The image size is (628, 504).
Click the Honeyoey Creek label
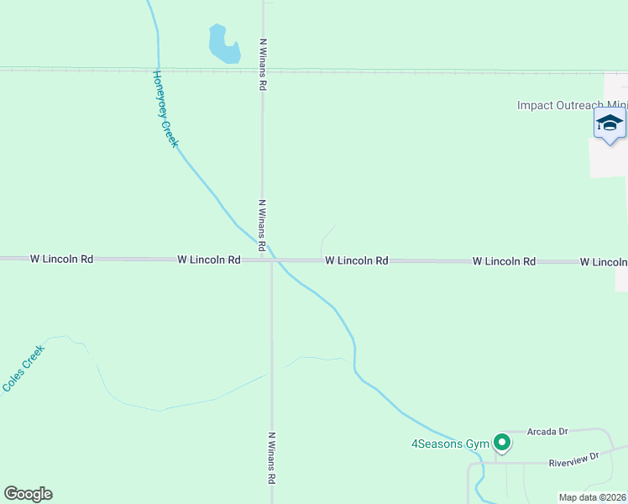coord(165,109)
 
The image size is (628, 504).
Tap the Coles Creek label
coord(23,368)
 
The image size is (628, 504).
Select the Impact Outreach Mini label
coord(572,105)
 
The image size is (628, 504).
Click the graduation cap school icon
coord(610,124)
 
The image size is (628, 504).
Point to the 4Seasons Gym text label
coord(449,444)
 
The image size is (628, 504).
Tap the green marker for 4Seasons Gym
coord(502,441)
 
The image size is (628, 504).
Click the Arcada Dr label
coord(547,432)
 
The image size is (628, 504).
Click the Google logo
coord(28,494)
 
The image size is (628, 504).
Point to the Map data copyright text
coord(592,497)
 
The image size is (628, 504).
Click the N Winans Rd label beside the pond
coord(263,64)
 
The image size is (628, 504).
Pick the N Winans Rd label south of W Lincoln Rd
coord(272,457)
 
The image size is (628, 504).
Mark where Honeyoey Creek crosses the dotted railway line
coord(157,70)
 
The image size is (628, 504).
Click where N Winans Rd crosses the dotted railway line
coord(263,71)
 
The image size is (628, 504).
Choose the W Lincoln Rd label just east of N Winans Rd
coord(357,261)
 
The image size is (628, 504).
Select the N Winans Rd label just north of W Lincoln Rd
coord(263,225)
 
